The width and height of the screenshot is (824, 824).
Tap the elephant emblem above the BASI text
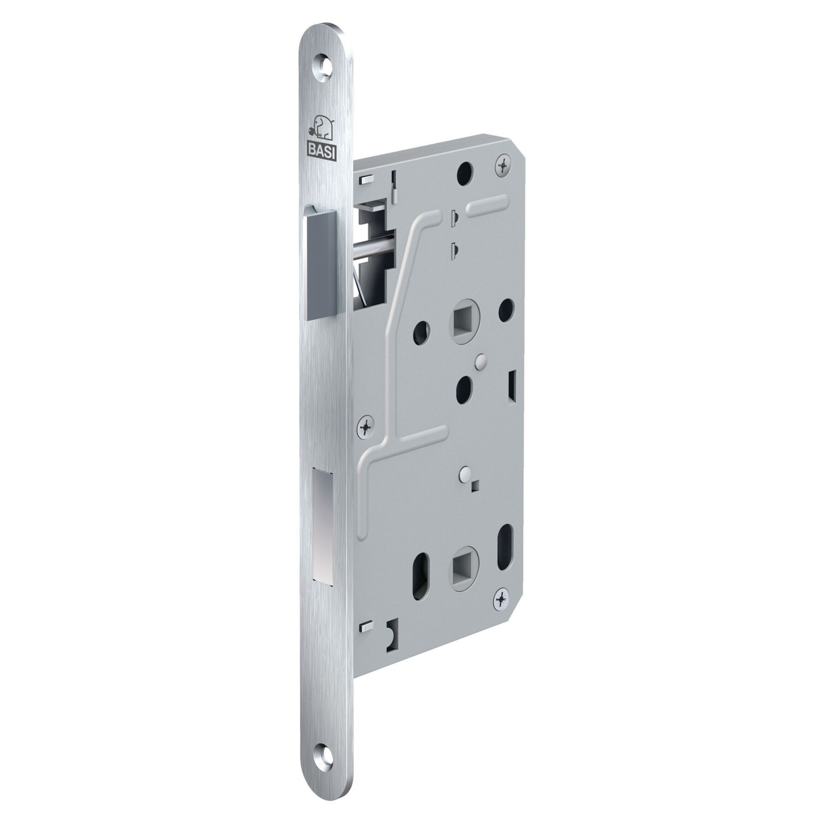pyautogui.click(x=322, y=129)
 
